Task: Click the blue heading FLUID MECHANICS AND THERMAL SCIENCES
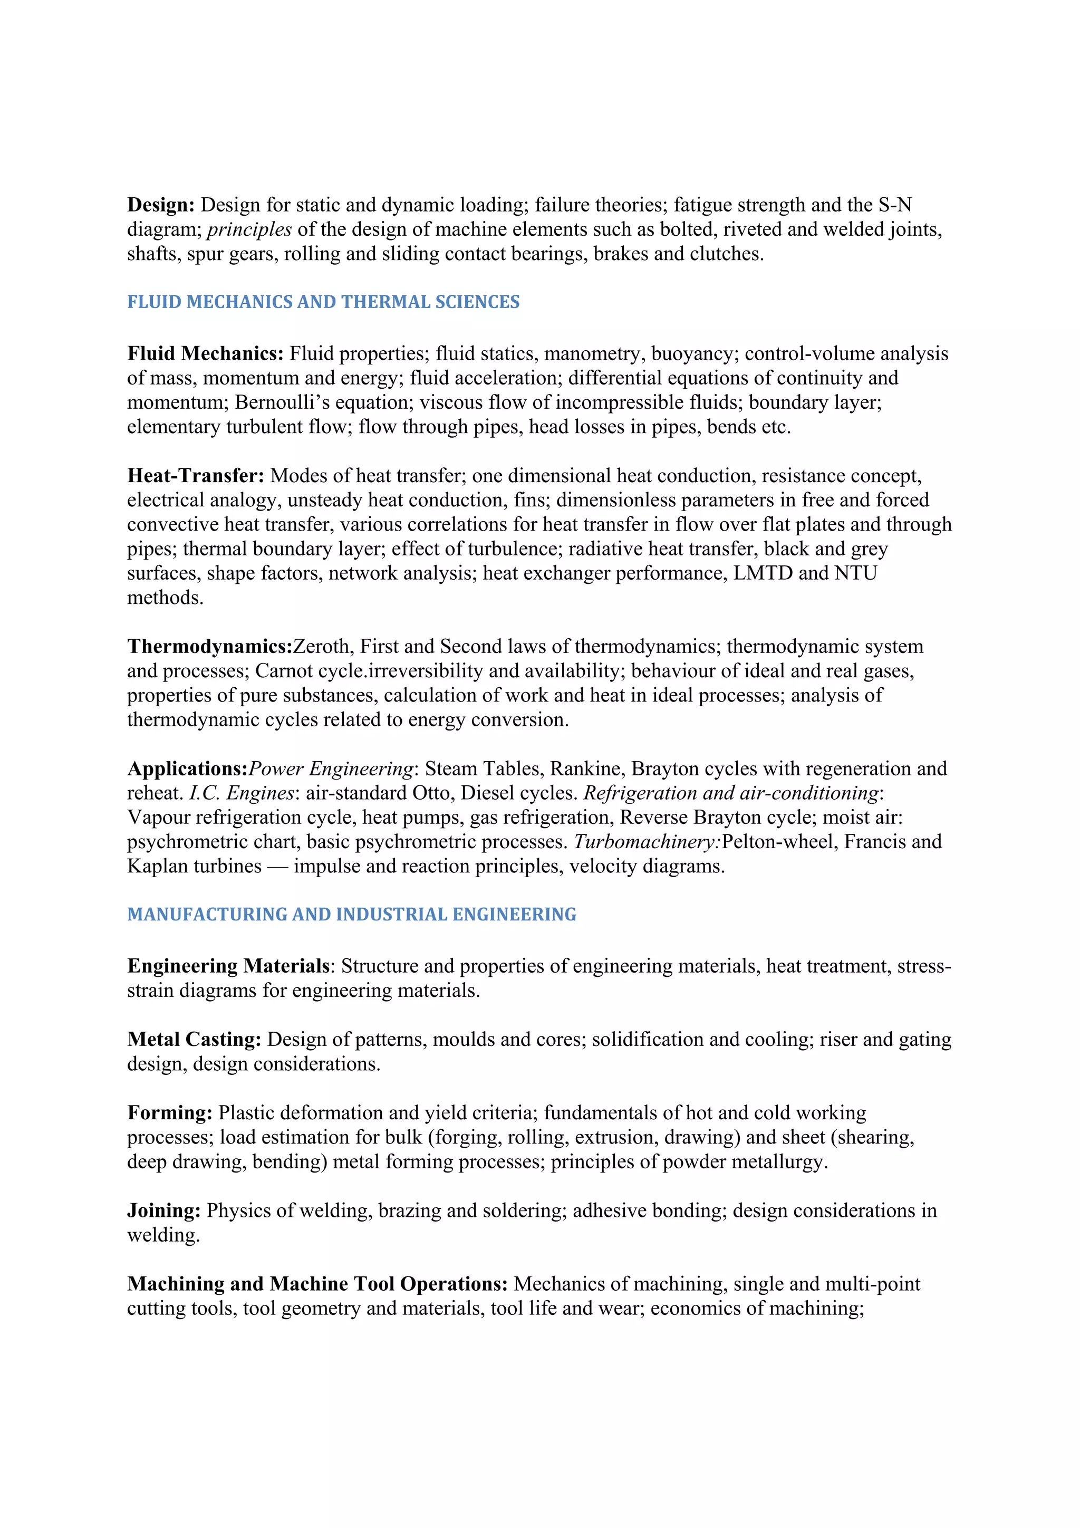point(323,302)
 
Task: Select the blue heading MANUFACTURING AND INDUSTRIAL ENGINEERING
point(351,915)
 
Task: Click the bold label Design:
point(160,205)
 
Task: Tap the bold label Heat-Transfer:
point(196,476)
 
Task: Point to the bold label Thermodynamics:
point(209,646)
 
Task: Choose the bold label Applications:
point(187,768)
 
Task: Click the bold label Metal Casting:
point(194,1040)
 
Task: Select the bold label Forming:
point(170,1113)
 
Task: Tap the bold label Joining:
point(163,1210)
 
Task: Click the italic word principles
point(249,229)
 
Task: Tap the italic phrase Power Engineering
point(331,768)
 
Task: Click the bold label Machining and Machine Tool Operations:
point(317,1284)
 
